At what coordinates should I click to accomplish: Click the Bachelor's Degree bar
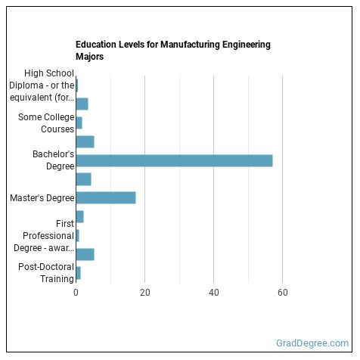174,160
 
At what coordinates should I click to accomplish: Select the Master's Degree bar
106,198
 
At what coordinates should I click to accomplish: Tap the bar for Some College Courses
79,123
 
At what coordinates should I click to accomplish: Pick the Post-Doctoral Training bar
78,272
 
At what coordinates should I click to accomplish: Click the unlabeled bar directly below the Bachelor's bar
83,179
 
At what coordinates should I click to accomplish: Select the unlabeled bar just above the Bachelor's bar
85,141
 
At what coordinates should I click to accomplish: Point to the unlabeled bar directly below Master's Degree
79,217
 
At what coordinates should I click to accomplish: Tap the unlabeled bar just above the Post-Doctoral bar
85,254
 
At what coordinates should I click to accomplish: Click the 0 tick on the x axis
76,293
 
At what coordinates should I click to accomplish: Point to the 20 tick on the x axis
144,293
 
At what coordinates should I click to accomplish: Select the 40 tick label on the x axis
214,293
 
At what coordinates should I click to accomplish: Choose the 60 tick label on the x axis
283,293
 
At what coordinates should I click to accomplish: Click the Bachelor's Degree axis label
53,160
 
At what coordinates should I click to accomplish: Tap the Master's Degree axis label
42,198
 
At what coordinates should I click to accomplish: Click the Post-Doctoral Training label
46,272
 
